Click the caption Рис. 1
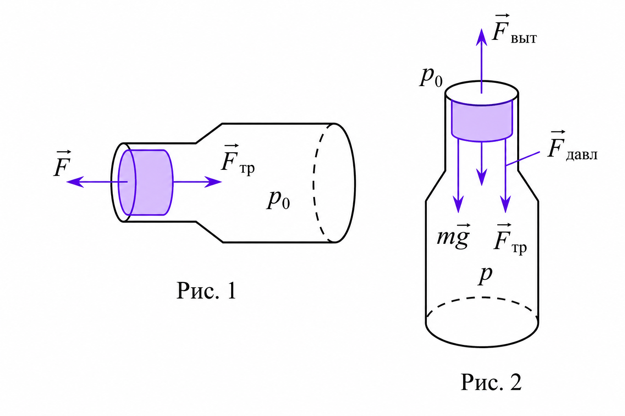coord(206,290)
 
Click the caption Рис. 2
coord(491,382)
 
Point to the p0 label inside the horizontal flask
coord(278,200)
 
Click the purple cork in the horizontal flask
coord(146,182)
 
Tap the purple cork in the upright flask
coord(482,120)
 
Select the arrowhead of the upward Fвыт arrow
coord(482,37)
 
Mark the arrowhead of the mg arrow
coord(458,204)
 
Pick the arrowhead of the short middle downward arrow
coord(482,177)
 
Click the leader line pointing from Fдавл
coord(522,159)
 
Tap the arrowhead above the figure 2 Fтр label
coord(506,204)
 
